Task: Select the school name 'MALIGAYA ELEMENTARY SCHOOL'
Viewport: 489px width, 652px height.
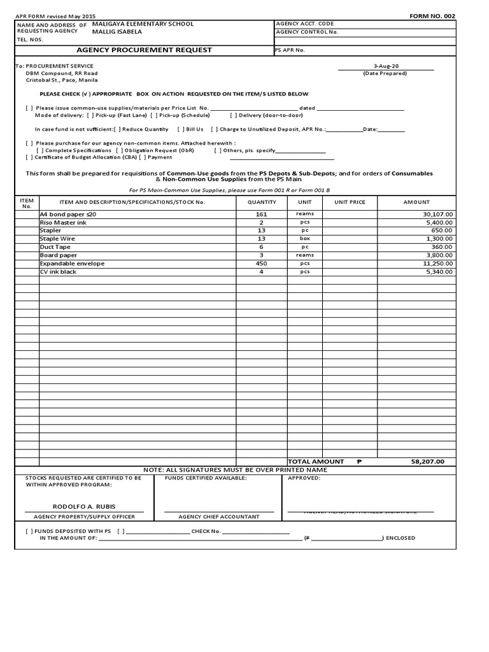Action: [x=143, y=24]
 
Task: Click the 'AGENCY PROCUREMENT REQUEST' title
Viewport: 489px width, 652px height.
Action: [x=145, y=50]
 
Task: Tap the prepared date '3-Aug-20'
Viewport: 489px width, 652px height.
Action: [x=385, y=66]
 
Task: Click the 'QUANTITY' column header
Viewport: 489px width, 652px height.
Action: [x=261, y=202]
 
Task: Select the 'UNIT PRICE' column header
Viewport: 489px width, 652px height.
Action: [x=350, y=202]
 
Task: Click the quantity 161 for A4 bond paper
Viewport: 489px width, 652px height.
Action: [x=261, y=215]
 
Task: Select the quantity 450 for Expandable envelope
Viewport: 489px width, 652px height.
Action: [x=261, y=263]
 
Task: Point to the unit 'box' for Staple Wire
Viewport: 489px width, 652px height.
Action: [x=304, y=239]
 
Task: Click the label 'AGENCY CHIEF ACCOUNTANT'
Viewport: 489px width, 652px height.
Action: [x=218, y=516]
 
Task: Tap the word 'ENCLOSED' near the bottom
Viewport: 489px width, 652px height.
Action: [x=400, y=538]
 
